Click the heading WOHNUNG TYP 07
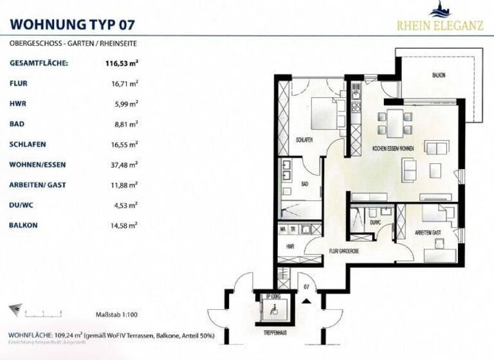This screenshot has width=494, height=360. pos(73,25)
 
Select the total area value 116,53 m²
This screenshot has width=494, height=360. pos(122,64)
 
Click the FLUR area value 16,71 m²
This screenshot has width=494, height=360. pos(124,84)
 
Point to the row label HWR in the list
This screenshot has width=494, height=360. pos(17,104)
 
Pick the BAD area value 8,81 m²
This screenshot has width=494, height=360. pos(126,124)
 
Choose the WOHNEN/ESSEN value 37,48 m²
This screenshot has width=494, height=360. pos(124,165)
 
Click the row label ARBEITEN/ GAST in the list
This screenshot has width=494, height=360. pos(37,185)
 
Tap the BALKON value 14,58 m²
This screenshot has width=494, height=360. pos(124,226)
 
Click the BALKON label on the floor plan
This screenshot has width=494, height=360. pos(439,76)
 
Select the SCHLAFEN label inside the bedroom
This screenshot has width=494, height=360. pos(305,139)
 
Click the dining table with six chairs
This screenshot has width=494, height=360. pos(394,122)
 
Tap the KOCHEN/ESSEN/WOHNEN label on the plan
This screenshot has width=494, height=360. pos(393,149)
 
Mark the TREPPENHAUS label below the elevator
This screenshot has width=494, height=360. pos(274,334)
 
